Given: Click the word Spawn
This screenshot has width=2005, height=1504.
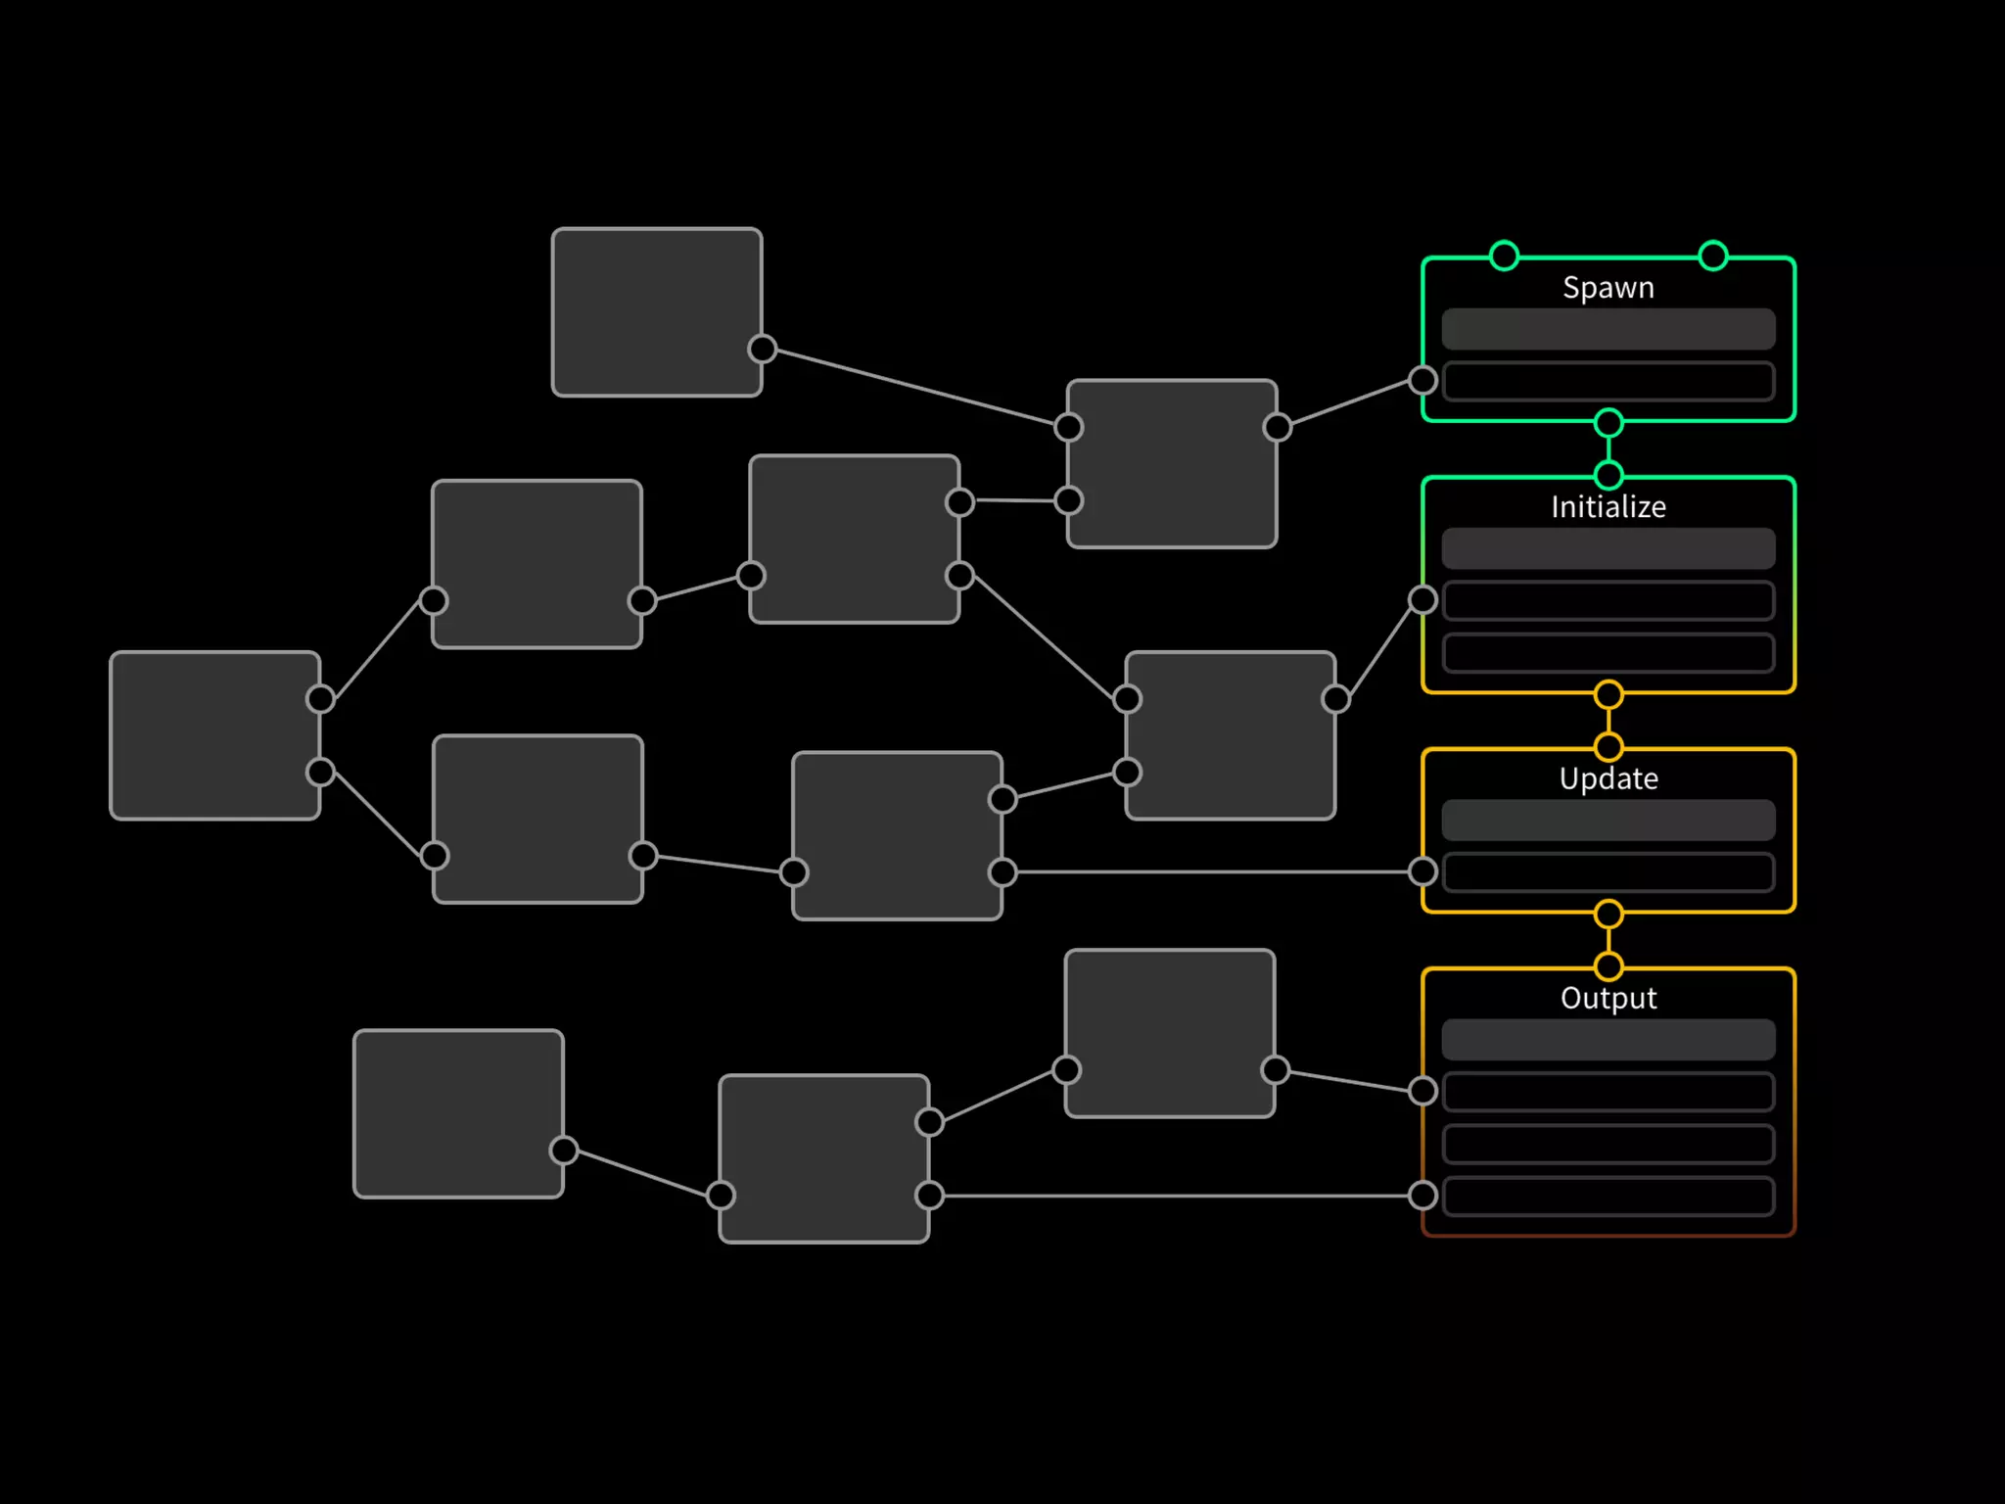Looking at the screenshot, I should [x=1608, y=288].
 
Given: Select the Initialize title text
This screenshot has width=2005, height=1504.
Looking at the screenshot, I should [x=1608, y=507].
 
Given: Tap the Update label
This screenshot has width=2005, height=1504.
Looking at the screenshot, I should [x=1608, y=778].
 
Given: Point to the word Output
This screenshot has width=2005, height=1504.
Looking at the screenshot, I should [x=1608, y=998].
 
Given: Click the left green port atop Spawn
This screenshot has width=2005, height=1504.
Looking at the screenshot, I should [x=1504, y=256].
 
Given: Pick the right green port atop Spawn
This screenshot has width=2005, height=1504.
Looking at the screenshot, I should [x=1712, y=256].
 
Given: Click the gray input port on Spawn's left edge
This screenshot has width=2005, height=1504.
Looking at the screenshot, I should [x=1422, y=380].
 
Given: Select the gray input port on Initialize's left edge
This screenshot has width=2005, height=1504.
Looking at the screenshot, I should [x=1422, y=599].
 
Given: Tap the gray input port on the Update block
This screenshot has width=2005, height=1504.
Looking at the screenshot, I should [x=1422, y=870].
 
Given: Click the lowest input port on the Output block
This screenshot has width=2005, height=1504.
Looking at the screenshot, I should [x=1422, y=1195].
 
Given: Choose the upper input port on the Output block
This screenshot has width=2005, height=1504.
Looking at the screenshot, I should [x=1422, y=1090].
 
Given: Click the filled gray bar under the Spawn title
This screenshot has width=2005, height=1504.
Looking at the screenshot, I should [x=1608, y=329].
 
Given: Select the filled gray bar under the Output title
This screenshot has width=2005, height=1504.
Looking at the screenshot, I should [x=1608, y=1039].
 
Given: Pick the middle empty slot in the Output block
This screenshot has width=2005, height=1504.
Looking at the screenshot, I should [x=1608, y=1143].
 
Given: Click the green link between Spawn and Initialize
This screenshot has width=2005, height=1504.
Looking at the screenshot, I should [x=1608, y=449].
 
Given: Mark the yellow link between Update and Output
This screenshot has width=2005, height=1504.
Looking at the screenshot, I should [x=1608, y=941].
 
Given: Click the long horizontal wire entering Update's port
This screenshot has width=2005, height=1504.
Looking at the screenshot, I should [x=1214, y=871].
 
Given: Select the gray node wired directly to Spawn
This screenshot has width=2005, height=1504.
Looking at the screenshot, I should [x=1172, y=463].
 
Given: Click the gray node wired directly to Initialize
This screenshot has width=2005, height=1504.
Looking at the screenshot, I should [x=1230, y=735].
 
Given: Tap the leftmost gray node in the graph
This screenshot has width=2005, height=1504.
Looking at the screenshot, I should [x=214, y=735].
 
